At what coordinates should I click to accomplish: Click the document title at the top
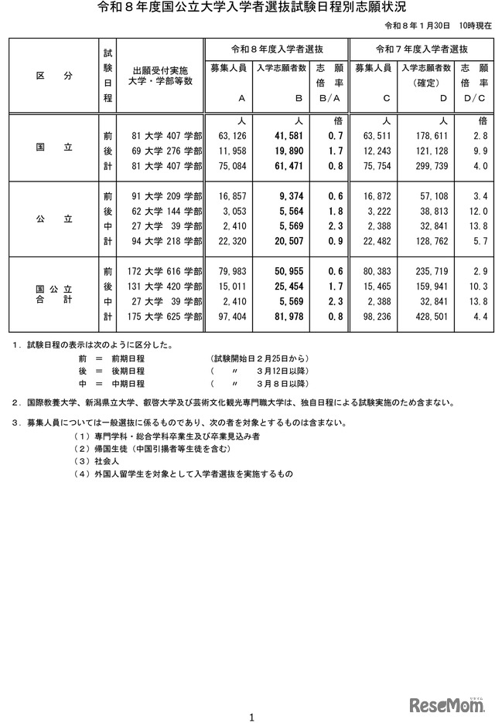coord(247,9)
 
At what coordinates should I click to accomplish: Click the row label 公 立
coord(54,219)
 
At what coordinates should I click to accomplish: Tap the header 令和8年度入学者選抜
coord(274,49)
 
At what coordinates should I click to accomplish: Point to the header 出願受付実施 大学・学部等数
coord(162,74)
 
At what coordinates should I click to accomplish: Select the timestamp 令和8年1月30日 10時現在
coord(439,26)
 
